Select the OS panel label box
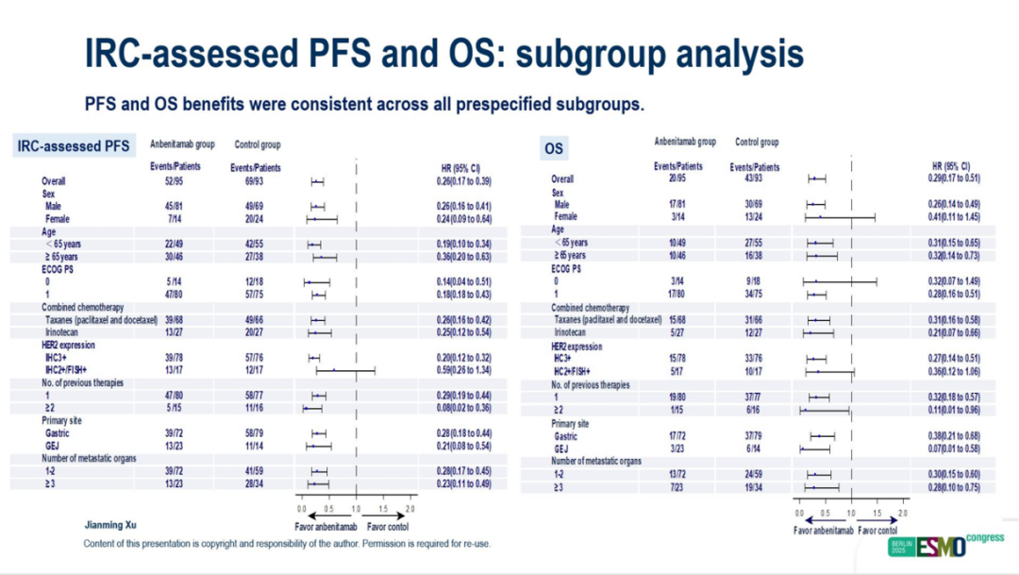[554, 148]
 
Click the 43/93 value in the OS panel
[755, 178]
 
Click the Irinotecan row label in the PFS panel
[65, 332]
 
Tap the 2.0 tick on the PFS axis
[410, 509]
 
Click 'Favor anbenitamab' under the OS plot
[824, 531]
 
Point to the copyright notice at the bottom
[287, 544]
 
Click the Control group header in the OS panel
[757, 143]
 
